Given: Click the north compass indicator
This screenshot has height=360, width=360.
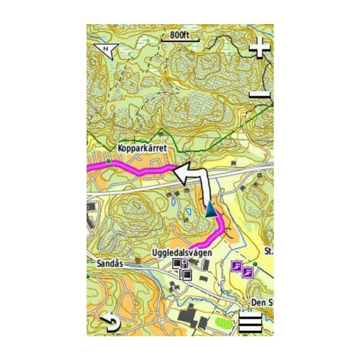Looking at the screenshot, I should pyautogui.click(x=105, y=51).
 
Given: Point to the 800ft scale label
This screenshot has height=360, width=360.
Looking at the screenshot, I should pyautogui.click(x=180, y=35).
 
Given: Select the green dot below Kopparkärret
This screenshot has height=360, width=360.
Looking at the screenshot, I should pyautogui.click(x=108, y=160).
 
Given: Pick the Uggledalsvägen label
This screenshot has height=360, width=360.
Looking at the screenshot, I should pyautogui.click(x=181, y=253).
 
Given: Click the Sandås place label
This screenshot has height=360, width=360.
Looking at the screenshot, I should pyautogui.click(x=110, y=264).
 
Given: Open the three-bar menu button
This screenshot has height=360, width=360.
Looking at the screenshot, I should pyautogui.click(x=250, y=322).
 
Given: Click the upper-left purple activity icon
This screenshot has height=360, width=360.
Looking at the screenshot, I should pyautogui.click(x=236, y=266).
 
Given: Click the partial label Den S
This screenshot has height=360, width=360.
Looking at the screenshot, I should pyautogui.click(x=262, y=302).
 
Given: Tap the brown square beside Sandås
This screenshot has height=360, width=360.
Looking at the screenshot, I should pyautogui.click(x=138, y=260).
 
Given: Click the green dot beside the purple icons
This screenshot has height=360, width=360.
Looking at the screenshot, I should pyautogui.click(x=255, y=264).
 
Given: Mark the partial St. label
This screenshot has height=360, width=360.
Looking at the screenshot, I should pyautogui.click(x=269, y=251).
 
